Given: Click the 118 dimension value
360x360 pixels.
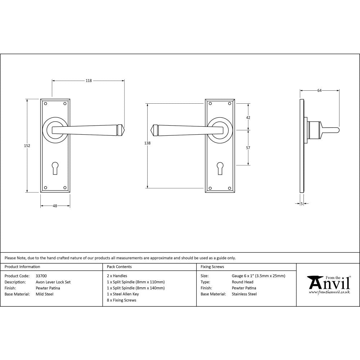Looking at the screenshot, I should coord(88,81).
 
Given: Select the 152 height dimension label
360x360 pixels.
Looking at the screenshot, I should coord(27,146).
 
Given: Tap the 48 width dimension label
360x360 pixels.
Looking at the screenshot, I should coord(55,206).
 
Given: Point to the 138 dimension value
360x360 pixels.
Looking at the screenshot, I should coord(147,143).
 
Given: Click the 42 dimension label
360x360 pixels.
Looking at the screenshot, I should coord(248,118).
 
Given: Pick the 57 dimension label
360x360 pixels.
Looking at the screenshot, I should coord(248,148).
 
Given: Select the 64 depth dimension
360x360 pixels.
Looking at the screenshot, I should coord(319,91).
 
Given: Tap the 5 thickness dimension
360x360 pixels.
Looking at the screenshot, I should coord(301,204).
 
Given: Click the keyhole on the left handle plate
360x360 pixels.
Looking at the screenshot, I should coord(55,168).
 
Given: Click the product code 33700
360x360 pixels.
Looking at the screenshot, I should coord(41,276).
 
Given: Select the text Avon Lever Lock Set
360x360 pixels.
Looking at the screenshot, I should coord(53,282).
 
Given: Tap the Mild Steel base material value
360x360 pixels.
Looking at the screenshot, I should coord(45,294).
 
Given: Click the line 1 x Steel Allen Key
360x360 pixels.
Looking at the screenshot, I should coord(123,294).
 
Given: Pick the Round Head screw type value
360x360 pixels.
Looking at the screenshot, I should coord(243,282).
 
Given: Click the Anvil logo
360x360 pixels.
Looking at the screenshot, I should coord(328,284).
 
